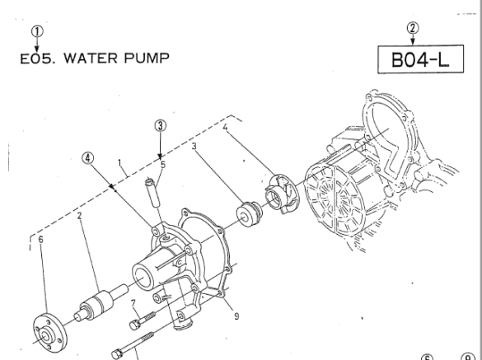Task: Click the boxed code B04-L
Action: point(415,61)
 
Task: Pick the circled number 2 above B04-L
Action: point(414,29)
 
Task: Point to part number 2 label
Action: point(80,217)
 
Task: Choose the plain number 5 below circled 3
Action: point(164,163)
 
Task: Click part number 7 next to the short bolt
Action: point(133,304)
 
